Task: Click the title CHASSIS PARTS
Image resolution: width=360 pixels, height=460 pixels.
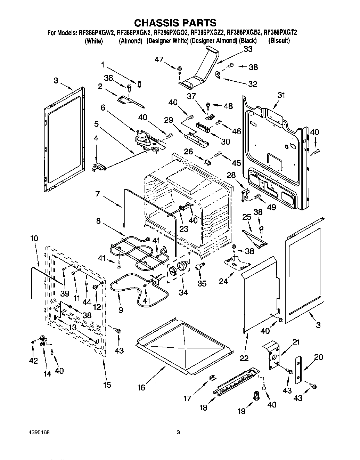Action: click(x=175, y=23)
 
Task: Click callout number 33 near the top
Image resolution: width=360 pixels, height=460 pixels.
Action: click(x=248, y=49)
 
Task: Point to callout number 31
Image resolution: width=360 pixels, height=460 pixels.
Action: click(x=281, y=95)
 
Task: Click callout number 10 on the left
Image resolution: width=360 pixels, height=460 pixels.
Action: click(x=34, y=239)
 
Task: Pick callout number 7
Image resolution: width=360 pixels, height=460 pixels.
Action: click(x=98, y=194)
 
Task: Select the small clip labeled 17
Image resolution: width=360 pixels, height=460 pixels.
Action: click(x=212, y=377)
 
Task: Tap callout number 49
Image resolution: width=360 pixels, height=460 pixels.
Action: click(x=271, y=207)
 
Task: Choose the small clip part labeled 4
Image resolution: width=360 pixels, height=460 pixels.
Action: click(x=99, y=167)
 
